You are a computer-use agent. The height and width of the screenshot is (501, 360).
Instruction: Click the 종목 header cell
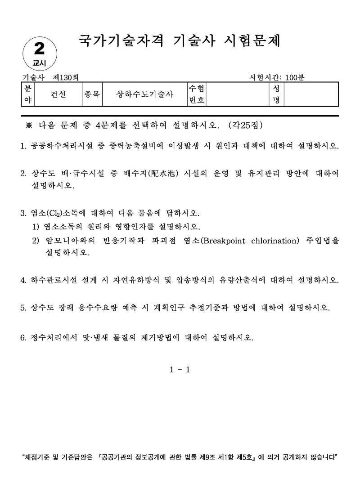pyautogui.click(x=92, y=94)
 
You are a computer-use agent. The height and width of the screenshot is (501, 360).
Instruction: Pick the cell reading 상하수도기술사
pyautogui.click(x=144, y=94)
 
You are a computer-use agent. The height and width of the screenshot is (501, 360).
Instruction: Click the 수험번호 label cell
pyautogui.click(x=197, y=94)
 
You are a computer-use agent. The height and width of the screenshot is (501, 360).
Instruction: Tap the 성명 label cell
pyautogui.click(x=276, y=94)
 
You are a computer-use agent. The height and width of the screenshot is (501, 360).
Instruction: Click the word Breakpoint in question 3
pyautogui.click(x=225, y=241)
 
